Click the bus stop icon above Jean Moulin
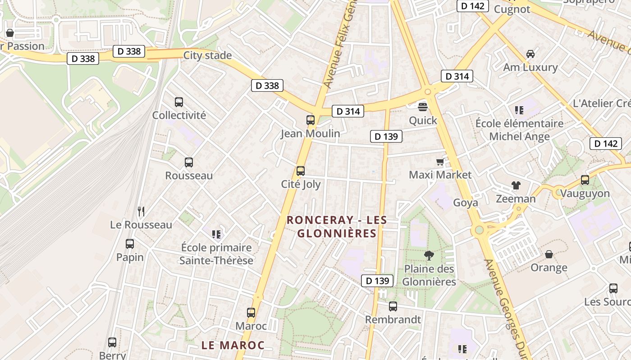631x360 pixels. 310,120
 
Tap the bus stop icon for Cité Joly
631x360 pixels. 301,171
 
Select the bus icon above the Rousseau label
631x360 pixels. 189,162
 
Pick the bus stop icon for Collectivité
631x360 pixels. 179,102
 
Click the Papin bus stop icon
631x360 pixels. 130,244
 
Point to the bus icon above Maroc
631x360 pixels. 251,312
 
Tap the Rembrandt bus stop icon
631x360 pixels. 393,306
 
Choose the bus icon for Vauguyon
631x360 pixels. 585,180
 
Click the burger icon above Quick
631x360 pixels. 423,107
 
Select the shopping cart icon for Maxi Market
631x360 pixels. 440,162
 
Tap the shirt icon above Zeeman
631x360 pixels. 516,185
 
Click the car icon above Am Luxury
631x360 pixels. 530,54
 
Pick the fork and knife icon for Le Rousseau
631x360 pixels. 141,211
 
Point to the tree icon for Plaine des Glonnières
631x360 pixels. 429,256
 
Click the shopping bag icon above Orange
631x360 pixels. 549,254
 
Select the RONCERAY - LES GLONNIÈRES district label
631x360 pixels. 337,226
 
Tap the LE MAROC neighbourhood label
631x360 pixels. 233,345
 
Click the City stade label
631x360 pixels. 207,55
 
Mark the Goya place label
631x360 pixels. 466,202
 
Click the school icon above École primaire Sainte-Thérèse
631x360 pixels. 216,234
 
